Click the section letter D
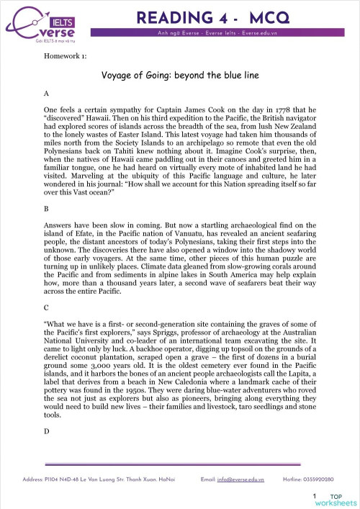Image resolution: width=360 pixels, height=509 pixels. pyautogui.click(x=47, y=431)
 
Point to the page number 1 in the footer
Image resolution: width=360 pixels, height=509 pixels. pyautogui.click(x=314, y=496)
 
